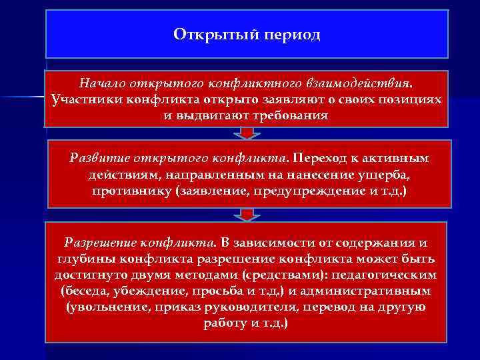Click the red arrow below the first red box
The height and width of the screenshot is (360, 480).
coord(247,133)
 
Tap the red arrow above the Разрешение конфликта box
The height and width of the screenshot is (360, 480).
coord(247,214)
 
